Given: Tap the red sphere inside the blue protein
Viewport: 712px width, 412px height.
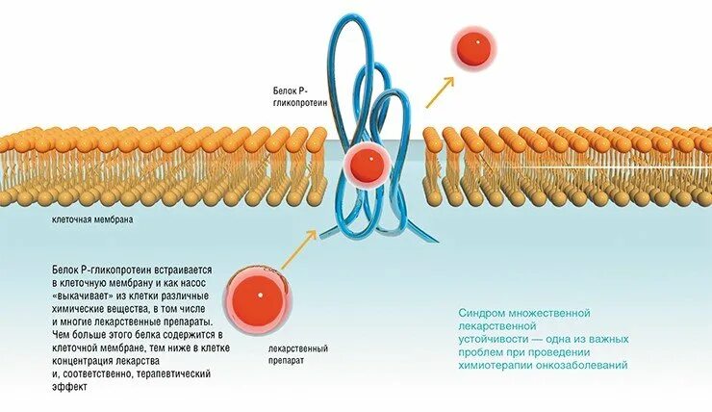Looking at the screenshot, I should tap(366, 165).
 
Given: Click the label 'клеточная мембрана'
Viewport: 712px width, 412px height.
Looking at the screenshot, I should tap(92, 219).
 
